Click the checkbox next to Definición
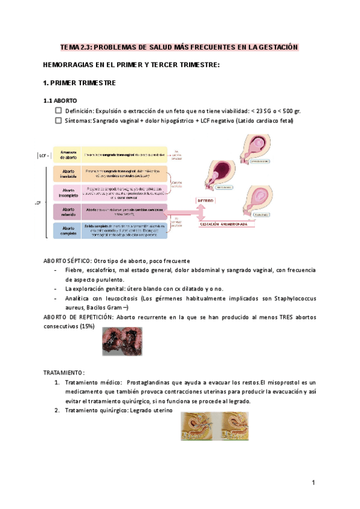58,111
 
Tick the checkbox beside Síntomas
58,121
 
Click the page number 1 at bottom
313,483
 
